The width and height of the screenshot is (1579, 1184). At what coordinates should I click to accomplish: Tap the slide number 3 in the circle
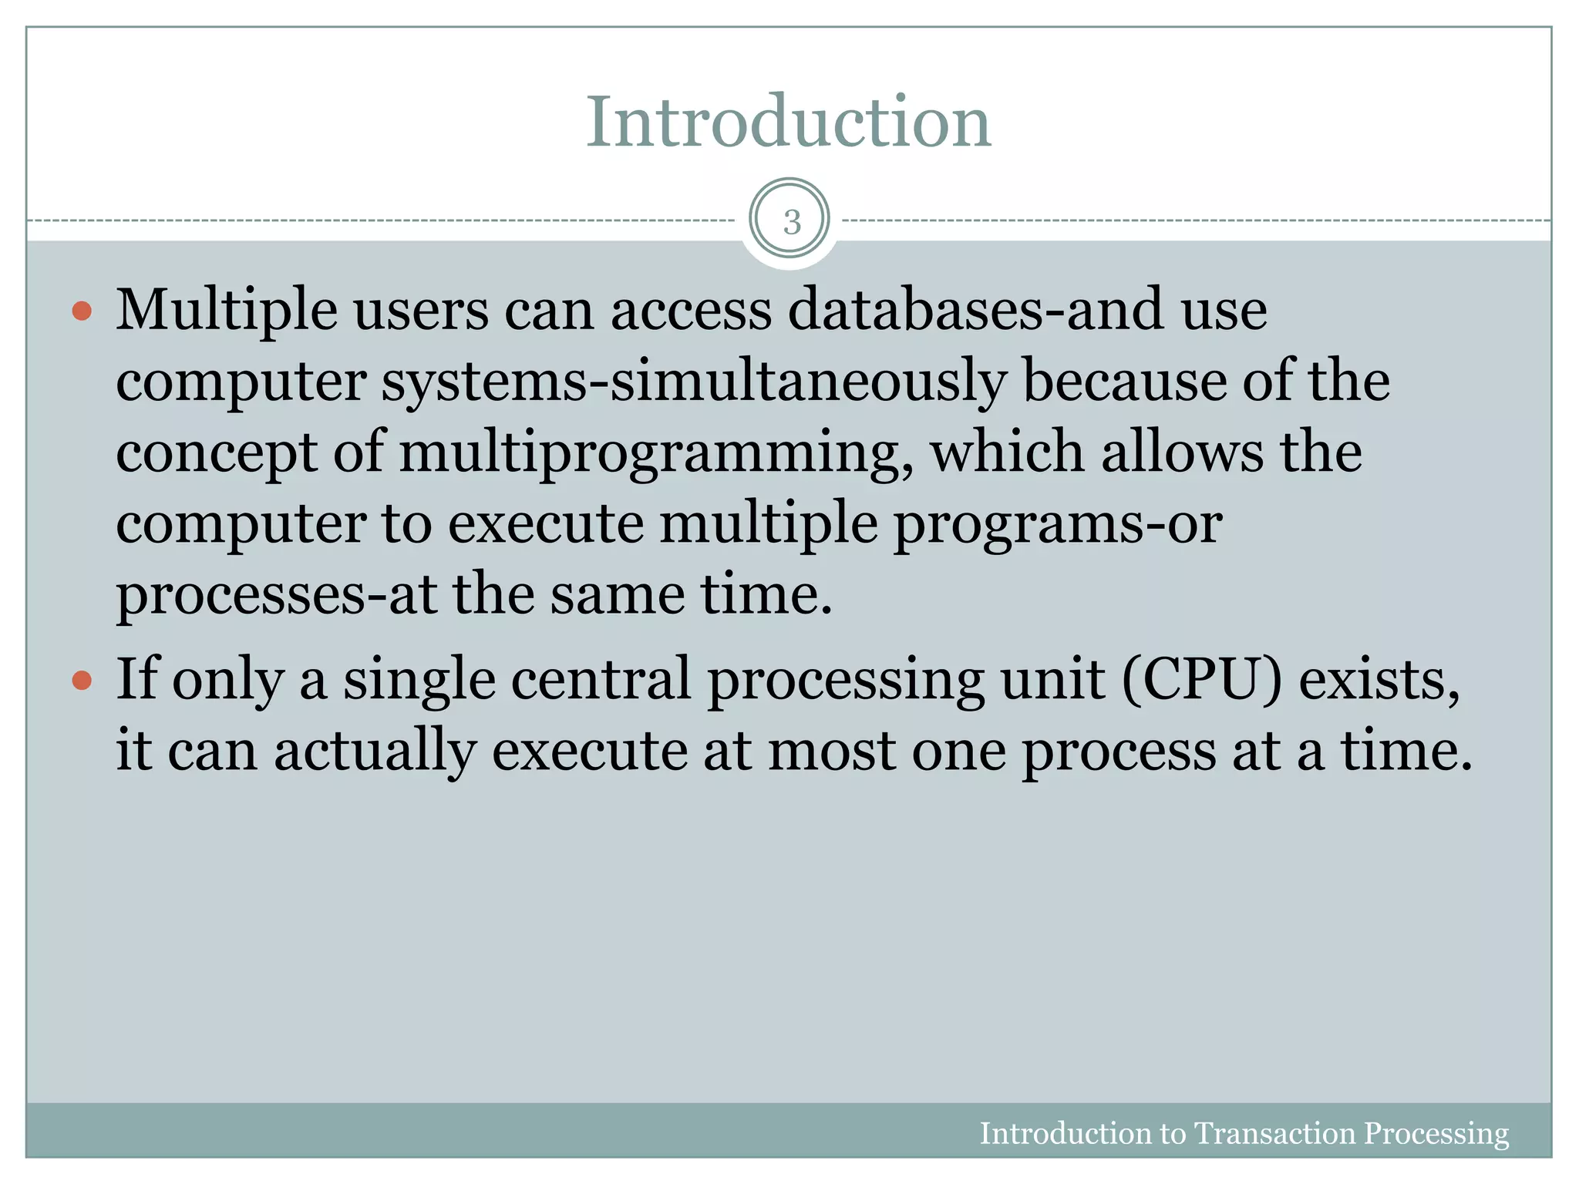click(791, 222)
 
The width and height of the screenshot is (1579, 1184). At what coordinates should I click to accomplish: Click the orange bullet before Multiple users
click(82, 311)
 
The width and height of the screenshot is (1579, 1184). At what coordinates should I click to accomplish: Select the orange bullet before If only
click(82, 681)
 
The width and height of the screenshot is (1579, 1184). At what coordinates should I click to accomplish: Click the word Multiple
click(227, 311)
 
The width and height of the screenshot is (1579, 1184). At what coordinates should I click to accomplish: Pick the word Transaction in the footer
click(1274, 1133)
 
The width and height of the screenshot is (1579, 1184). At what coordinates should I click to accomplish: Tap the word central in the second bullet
click(601, 679)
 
